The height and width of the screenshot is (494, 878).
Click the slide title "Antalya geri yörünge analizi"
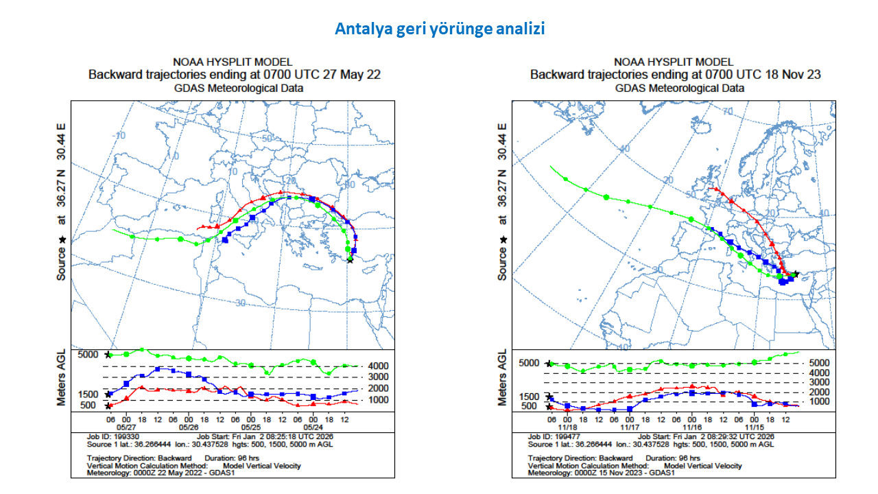click(x=440, y=29)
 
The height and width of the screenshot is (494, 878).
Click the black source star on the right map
click(x=796, y=274)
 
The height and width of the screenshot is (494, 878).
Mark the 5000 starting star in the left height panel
click(x=108, y=355)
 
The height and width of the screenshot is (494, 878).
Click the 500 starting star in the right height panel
click(x=549, y=408)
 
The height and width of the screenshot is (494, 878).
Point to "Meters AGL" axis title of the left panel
click(x=62, y=377)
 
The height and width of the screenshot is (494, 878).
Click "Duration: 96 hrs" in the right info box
click(x=673, y=458)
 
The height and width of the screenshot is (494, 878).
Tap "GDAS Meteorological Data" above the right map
click(x=679, y=88)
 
